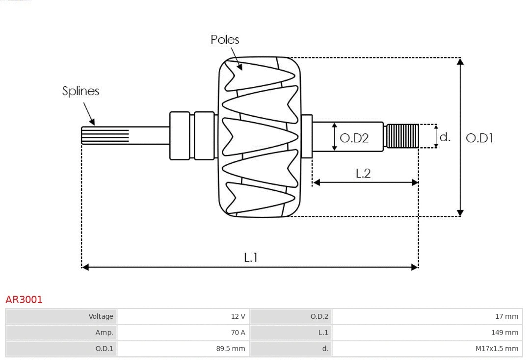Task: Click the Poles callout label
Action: click(x=225, y=40)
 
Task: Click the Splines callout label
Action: click(x=80, y=91)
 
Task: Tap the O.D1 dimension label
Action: click(x=479, y=138)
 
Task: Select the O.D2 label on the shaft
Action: click(x=354, y=138)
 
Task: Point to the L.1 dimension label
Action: click(x=251, y=257)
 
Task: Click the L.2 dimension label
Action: click(x=363, y=173)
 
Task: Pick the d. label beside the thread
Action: click(x=445, y=137)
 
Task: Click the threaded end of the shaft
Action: click(x=402, y=136)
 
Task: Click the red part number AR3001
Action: click(x=24, y=300)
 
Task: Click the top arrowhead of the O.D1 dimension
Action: click(x=460, y=61)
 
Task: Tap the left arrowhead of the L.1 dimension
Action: click(x=85, y=267)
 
